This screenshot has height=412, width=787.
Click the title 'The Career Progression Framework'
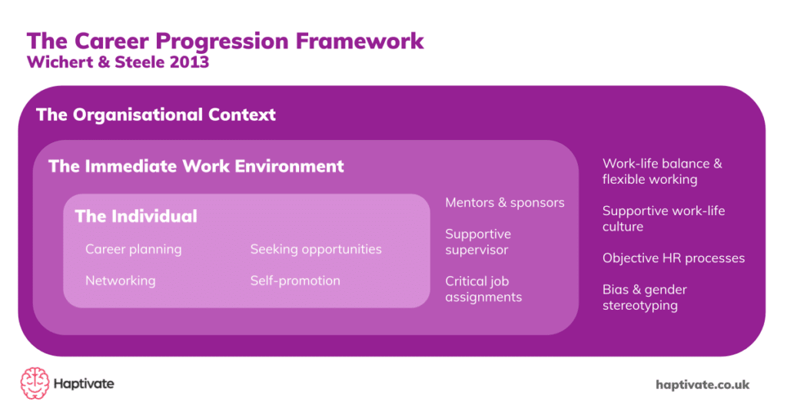click(225, 40)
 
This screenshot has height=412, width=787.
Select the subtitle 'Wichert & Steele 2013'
click(118, 63)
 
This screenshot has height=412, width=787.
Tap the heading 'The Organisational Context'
click(156, 115)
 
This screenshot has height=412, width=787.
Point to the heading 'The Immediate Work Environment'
click(196, 166)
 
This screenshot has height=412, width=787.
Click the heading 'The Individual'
click(136, 216)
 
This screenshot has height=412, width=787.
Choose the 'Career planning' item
click(133, 249)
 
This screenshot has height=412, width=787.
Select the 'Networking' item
click(120, 281)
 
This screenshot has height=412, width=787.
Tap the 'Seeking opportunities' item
click(315, 249)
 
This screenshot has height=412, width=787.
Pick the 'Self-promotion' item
click(295, 281)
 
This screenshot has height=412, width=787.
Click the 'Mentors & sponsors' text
click(505, 202)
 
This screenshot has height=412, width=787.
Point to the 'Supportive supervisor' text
click(478, 241)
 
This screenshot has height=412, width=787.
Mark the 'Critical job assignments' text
click(483, 289)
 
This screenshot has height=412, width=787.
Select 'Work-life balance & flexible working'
click(662, 171)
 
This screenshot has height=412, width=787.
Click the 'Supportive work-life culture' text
click(663, 218)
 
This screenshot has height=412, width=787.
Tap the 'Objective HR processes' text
click(673, 258)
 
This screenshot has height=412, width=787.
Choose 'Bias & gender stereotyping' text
click(644, 297)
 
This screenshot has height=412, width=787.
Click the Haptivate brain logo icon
click(35, 383)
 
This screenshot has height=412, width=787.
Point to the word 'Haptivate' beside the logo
click(84, 384)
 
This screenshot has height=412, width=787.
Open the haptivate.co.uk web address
click(702, 384)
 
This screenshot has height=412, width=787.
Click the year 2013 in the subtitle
click(189, 63)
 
